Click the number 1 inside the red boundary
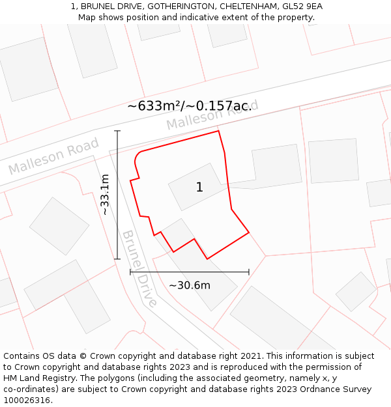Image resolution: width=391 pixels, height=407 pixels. point(199,188)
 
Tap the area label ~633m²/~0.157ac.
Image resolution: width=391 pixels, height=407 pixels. point(190,105)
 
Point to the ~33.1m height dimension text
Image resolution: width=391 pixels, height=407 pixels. point(105,194)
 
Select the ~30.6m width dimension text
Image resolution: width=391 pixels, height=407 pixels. point(190,285)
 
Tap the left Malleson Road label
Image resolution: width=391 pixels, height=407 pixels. point(53,156)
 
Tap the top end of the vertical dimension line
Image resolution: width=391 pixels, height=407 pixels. point(118,131)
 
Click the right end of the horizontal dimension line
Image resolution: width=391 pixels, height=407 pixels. point(249,272)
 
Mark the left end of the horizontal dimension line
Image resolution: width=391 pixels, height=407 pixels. point(130,272)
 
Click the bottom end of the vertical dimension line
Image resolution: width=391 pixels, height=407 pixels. point(118,259)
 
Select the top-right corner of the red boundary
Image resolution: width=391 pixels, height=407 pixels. point(218,131)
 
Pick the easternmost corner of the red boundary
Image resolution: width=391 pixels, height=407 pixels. point(249,232)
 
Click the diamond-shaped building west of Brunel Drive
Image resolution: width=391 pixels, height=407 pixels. point(59,226)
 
